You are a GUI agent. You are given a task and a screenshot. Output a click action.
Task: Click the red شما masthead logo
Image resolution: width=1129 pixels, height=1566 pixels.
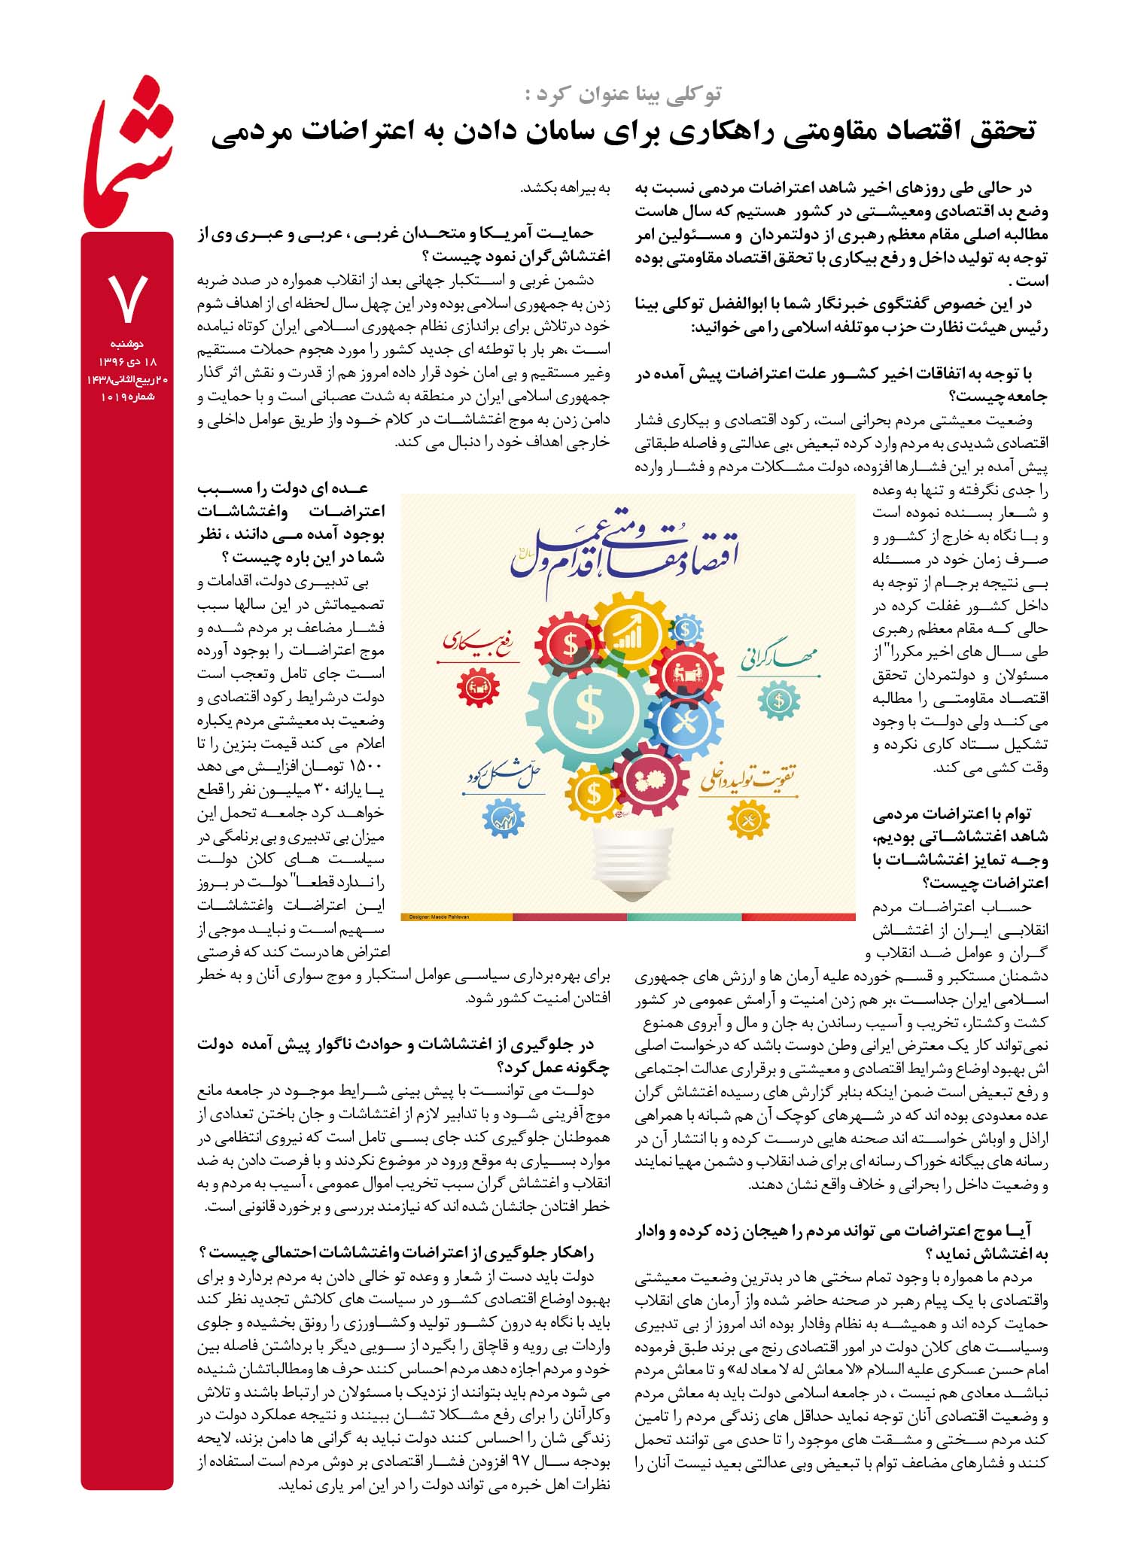[128, 162]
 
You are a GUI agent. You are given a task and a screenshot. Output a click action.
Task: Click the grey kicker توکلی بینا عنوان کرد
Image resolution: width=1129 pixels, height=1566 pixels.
[623, 94]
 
